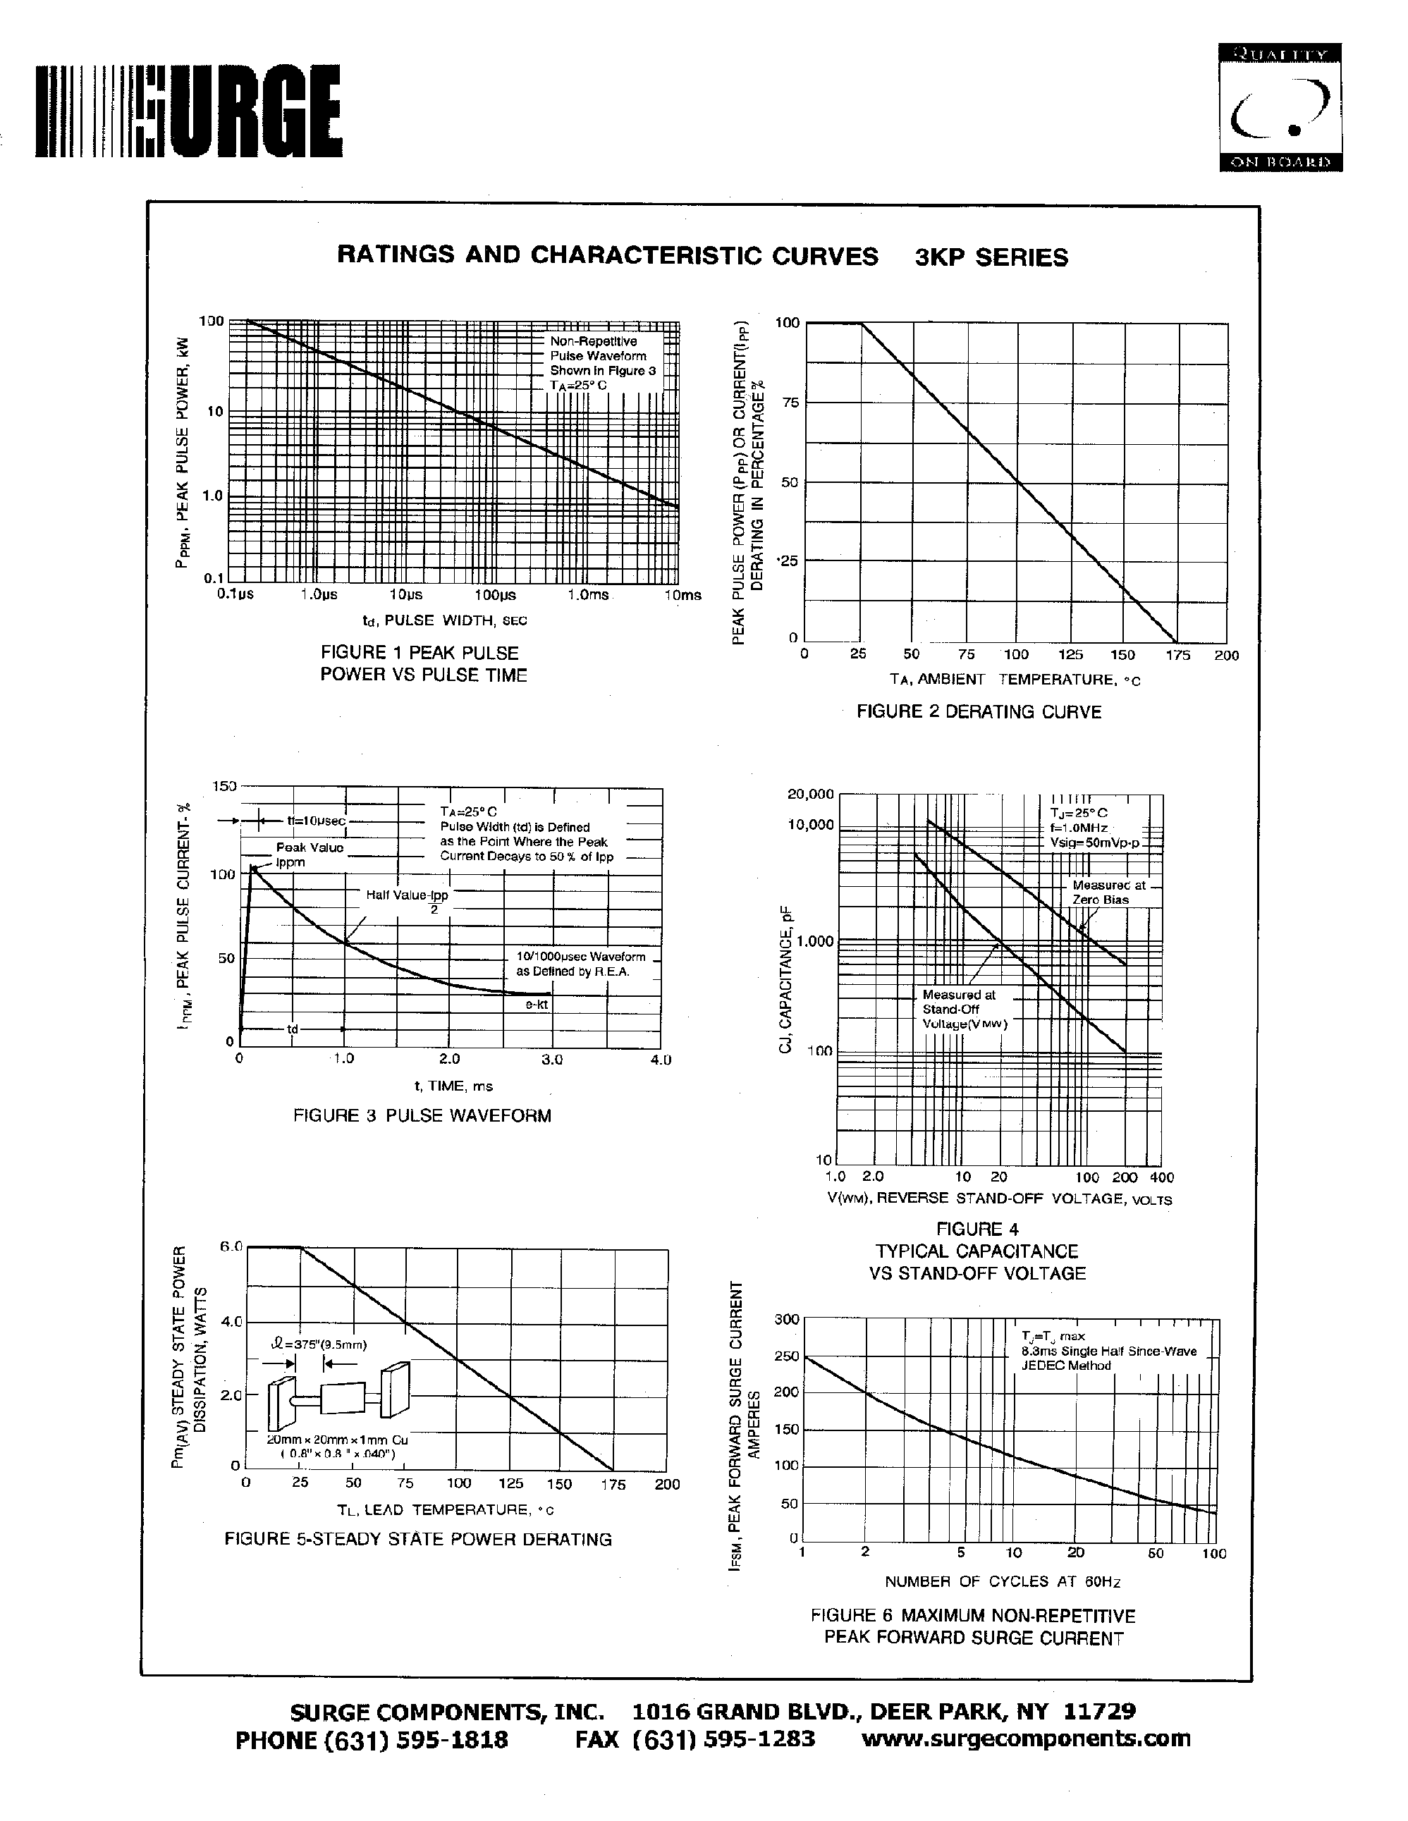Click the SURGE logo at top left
click(188, 114)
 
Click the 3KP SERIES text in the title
click(991, 257)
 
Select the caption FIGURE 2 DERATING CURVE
click(979, 712)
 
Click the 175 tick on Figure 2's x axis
click(1177, 656)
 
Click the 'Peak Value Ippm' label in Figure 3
click(310, 854)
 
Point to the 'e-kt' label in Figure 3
click(536, 1005)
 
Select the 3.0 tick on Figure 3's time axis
click(552, 1060)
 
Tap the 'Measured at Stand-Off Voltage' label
click(964, 1009)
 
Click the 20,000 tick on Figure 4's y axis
click(810, 794)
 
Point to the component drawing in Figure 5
click(338, 1401)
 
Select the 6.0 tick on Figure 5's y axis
click(231, 1247)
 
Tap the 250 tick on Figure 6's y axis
click(787, 1356)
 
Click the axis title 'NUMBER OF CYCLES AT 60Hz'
click(1002, 1582)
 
